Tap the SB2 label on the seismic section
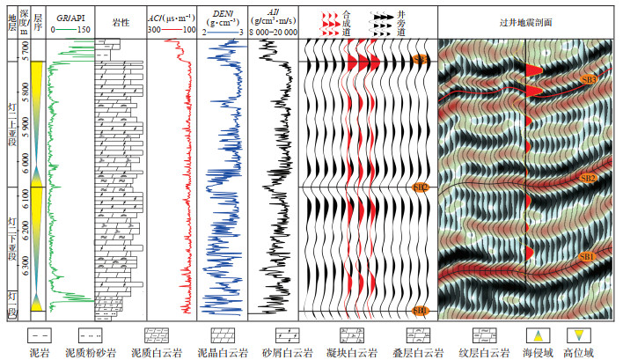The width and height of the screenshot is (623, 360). tap(588, 179)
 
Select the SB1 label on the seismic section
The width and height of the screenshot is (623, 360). tap(588, 256)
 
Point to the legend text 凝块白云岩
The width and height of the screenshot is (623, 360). tap(360, 350)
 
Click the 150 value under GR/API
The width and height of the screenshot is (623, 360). tap(84, 30)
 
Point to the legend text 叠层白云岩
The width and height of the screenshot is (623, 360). tap(426, 350)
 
